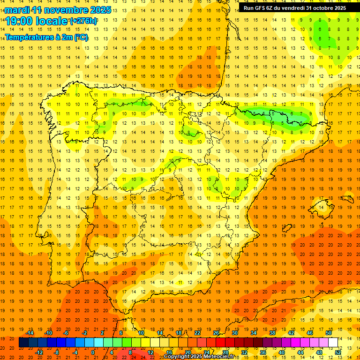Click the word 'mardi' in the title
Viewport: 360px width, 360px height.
click(x=17, y=10)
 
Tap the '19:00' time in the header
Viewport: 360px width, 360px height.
click(x=19, y=21)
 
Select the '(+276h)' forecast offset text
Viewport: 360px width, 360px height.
click(x=83, y=21)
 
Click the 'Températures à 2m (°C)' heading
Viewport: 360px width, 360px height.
click(x=46, y=37)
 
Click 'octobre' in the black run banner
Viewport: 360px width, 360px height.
click(x=324, y=7)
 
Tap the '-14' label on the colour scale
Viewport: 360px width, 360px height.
click(x=30, y=333)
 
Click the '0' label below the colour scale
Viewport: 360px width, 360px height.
click(x=93, y=352)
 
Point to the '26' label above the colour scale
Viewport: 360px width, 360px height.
click(x=216, y=333)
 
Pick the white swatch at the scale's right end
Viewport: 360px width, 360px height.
click(x=333, y=343)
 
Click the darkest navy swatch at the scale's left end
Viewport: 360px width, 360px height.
click(x=23, y=343)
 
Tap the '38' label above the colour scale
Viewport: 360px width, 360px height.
click(x=272, y=333)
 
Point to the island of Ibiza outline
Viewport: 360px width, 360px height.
click(x=287, y=228)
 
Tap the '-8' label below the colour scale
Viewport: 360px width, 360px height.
click(x=57, y=352)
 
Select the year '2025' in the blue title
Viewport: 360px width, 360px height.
click(x=100, y=10)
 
